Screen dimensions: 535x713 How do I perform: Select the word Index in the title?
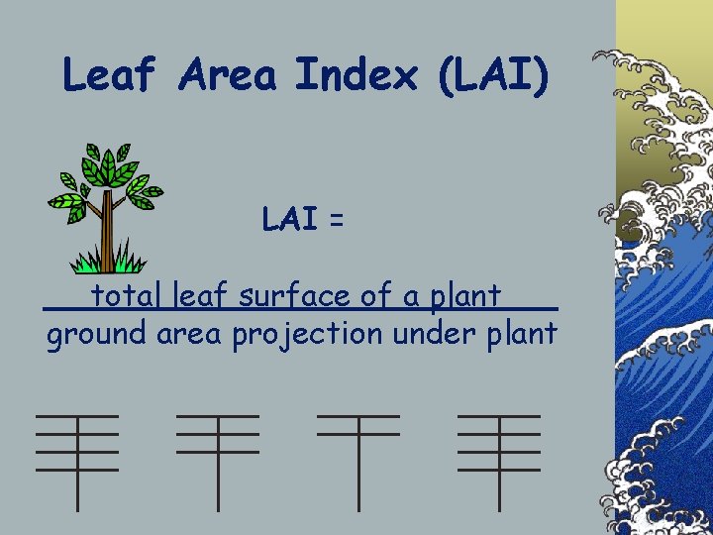pyautogui.click(x=356, y=75)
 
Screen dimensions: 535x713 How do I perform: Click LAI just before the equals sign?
pyautogui.click(x=289, y=220)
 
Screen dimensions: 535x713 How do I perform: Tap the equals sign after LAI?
pyautogui.click(x=337, y=222)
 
